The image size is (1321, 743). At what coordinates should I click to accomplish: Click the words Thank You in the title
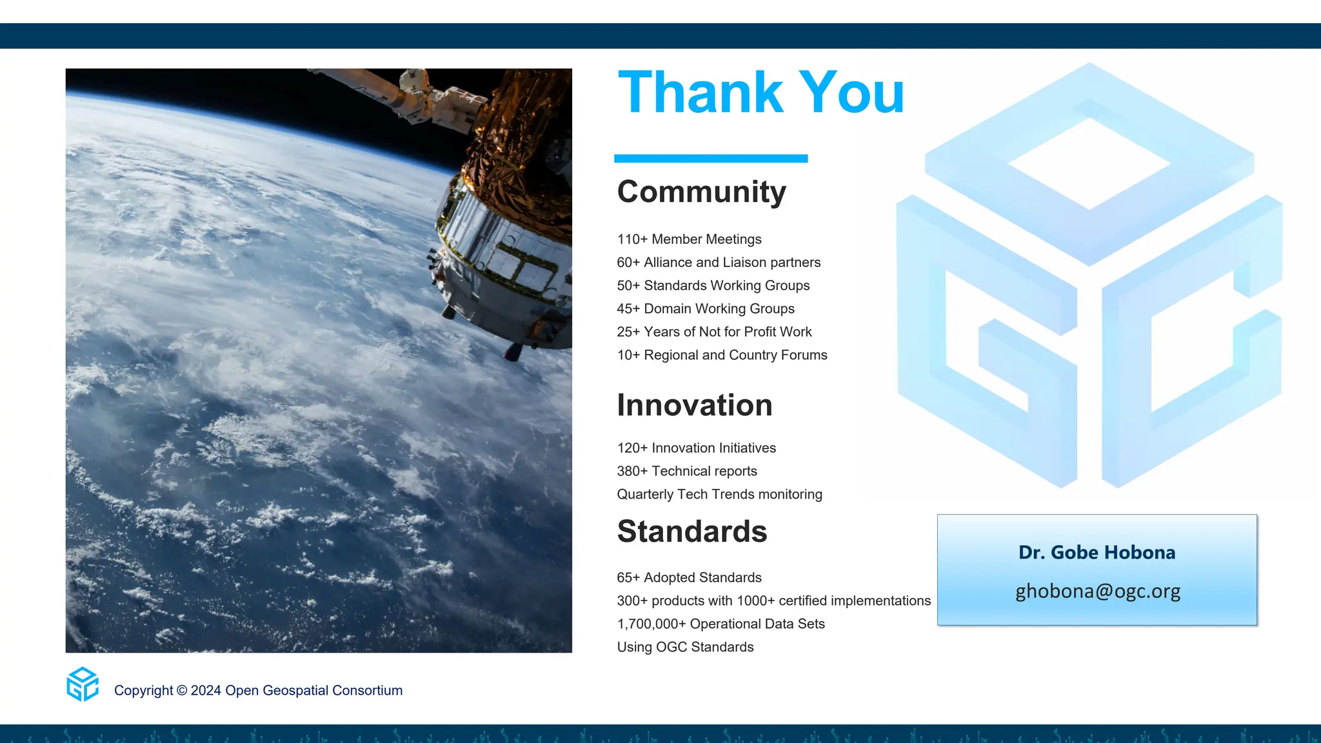click(x=761, y=94)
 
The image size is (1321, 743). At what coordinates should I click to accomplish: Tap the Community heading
click(x=702, y=192)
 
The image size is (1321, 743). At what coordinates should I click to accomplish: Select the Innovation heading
click(x=695, y=406)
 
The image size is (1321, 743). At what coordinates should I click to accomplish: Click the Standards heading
click(x=692, y=531)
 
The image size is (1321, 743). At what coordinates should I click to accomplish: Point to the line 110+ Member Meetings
click(x=689, y=239)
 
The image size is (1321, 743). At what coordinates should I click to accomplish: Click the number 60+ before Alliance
click(x=628, y=263)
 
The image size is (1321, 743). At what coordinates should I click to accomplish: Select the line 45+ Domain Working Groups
click(x=706, y=309)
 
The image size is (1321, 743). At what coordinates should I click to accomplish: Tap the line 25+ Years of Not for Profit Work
click(x=714, y=332)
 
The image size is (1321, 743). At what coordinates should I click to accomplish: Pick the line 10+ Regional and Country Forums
click(x=722, y=355)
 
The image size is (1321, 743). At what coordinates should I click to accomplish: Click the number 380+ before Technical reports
click(x=632, y=471)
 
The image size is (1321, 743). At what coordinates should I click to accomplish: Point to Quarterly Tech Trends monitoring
click(x=719, y=495)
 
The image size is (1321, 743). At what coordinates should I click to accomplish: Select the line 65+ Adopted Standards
click(x=689, y=578)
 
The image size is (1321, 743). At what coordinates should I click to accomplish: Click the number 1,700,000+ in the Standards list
click(x=651, y=624)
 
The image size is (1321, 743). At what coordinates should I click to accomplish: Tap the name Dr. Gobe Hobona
click(x=1097, y=553)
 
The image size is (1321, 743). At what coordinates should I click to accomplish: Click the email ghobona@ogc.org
click(x=1098, y=591)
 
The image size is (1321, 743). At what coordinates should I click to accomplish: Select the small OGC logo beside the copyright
click(x=83, y=684)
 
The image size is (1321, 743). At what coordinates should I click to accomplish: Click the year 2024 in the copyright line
click(x=206, y=691)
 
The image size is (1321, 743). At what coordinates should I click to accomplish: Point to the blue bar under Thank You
click(x=711, y=159)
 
